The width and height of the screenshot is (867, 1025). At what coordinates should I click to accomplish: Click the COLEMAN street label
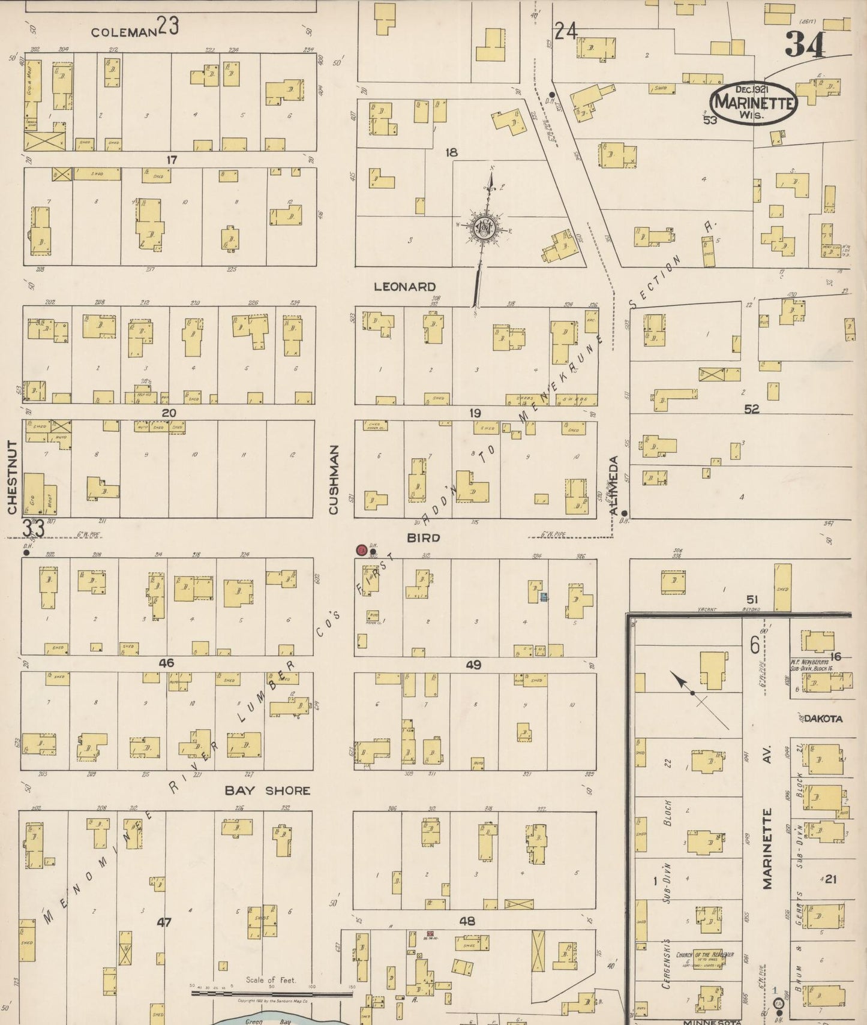(x=124, y=32)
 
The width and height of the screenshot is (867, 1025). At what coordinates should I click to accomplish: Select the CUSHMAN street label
(x=334, y=479)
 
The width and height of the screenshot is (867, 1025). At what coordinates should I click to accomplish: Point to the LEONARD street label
(x=404, y=287)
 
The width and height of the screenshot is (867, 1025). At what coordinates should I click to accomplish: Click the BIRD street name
(x=424, y=538)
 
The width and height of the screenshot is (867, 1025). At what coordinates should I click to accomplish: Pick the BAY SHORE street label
(x=267, y=790)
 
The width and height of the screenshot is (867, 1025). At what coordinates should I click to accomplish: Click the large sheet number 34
(x=805, y=44)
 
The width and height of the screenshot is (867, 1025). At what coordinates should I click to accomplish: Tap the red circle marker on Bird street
(x=362, y=549)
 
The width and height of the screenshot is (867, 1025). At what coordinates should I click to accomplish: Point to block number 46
(x=166, y=663)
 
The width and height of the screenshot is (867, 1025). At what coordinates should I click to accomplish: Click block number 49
(x=473, y=665)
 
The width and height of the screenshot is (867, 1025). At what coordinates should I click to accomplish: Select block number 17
(x=172, y=160)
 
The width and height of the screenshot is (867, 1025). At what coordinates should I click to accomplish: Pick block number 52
(x=751, y=409)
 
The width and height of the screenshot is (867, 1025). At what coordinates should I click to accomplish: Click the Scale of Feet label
(x=271, y=979)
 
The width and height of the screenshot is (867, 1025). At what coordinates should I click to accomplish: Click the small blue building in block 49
(x=544, y=596)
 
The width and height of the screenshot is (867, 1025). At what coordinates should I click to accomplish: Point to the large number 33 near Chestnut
(x=34, y=529)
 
